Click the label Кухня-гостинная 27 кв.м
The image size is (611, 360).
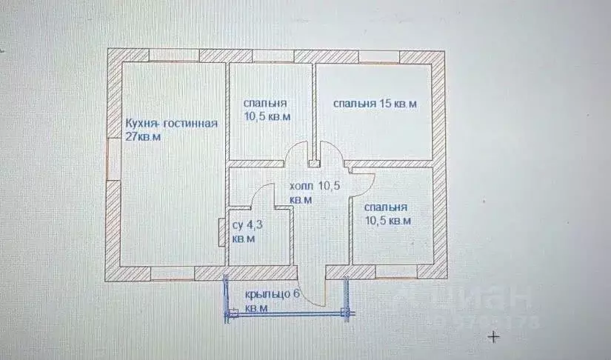pyautogui.click(x=171, y=130)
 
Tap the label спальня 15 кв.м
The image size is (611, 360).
pyautogui.click(x=374, y=104)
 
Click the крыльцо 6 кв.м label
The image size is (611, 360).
pyautogui.click(x=272, y=300)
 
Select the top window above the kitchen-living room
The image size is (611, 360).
pyautogui.click(x=173, y=56)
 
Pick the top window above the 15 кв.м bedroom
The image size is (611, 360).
pyautogui.click(x=379, y=56)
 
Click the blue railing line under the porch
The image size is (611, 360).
pyautogui.click(x=285, y=315)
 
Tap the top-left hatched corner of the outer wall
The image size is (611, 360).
pyautogui.click(x=115, y=56)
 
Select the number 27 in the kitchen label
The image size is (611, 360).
pyautogui.click(x=133, y=138)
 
